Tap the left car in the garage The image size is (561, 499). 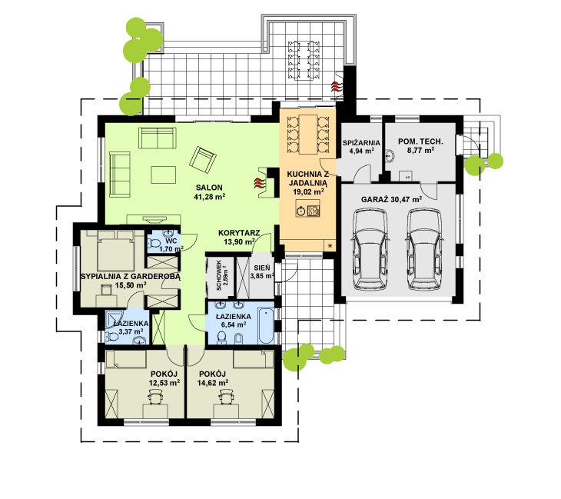(x=370, y=249)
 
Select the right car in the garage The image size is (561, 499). (x=424, y=249)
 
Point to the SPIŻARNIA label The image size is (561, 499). (x=361, y=143)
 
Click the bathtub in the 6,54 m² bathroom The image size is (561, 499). (x=267, y=326)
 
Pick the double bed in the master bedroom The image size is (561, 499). (x=115, y=250)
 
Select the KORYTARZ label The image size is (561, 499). (x=239, y=233)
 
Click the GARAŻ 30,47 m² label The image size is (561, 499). (x=391, y=200)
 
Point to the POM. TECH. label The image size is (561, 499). (x=420, y=141)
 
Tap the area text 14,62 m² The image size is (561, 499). (x=213, y=383)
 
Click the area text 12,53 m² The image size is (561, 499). (x=164, y=383)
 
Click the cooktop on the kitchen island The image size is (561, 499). (x=312, y=211)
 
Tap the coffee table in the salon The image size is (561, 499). (x=164, y=175)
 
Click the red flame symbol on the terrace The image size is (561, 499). (x=337, y=87)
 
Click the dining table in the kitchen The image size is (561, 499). (x=308, y=133)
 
